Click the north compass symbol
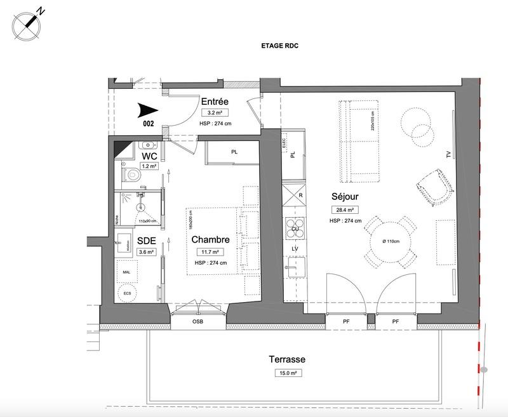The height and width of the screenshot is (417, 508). (27, 25)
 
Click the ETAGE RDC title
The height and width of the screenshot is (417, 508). (280, 46)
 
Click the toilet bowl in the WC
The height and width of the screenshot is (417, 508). (133, 173)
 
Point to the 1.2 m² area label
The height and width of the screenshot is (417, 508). (149, 167)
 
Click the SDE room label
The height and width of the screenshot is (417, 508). (147, 241)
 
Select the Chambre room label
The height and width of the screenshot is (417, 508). (210, 240)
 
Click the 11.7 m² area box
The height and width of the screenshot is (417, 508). (210, 252)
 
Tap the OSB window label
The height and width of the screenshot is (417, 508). (198, 322)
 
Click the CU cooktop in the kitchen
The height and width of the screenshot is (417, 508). (295, 227)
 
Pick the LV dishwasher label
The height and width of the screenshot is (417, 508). (295, 249)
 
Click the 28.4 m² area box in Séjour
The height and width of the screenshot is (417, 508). (341, 210)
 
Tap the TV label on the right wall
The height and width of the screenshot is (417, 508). (448, 154)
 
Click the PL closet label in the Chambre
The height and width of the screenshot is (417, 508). (234, 152)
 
